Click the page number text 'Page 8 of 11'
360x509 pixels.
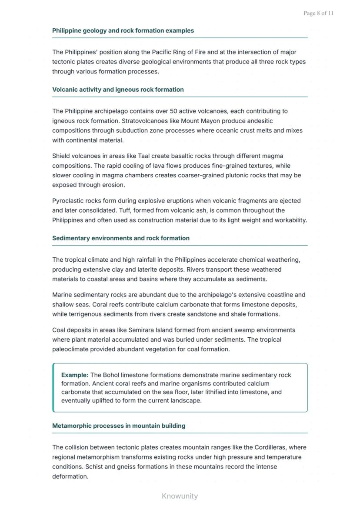(x=318, y=13)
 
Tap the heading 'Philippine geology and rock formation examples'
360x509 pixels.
(x=123, y=31)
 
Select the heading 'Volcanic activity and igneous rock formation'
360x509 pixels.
(x=118, y=90)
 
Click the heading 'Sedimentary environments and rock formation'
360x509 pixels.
(x=121, y=238)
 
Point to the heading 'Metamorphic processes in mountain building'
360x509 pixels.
(x=119, y=426)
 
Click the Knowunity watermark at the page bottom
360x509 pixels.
(x=180, y=496)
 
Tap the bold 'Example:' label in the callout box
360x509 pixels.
(x=75, y=375)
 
